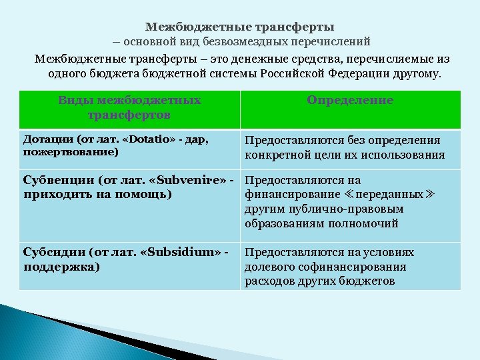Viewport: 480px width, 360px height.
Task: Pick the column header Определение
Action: click(350, 100)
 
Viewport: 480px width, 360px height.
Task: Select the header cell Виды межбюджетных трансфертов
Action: click(129, 107)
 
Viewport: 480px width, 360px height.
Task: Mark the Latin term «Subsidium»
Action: click(190, 253)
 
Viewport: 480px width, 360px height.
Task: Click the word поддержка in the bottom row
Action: click(59, 267)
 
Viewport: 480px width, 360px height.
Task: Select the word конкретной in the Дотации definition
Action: click(279, 155)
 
